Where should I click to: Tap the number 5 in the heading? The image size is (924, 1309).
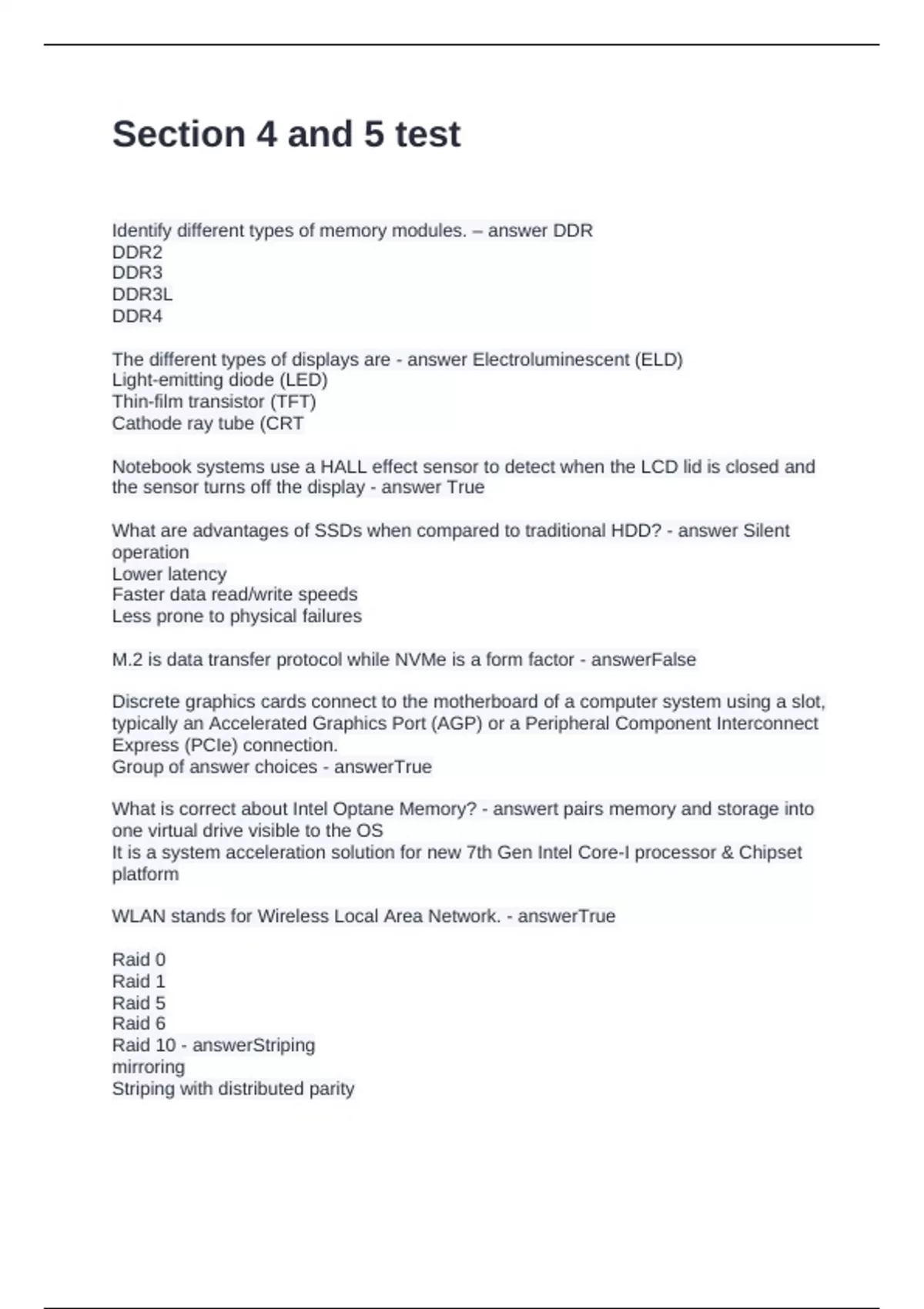coord(373,134)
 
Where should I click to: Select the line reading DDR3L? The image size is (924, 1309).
coord(142,294)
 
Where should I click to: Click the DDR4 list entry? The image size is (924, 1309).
coord(137,316)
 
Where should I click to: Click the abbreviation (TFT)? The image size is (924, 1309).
coord(293,402)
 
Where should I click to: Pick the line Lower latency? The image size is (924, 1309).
coord(169,574)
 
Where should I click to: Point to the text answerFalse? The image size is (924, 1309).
coord(643,660)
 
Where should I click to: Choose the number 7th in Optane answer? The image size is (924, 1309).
coord(479,852)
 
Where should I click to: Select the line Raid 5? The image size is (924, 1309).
coord(139,1003)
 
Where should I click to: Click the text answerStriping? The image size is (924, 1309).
coord(253,1046)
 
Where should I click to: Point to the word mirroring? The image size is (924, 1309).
coord(149,1067)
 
